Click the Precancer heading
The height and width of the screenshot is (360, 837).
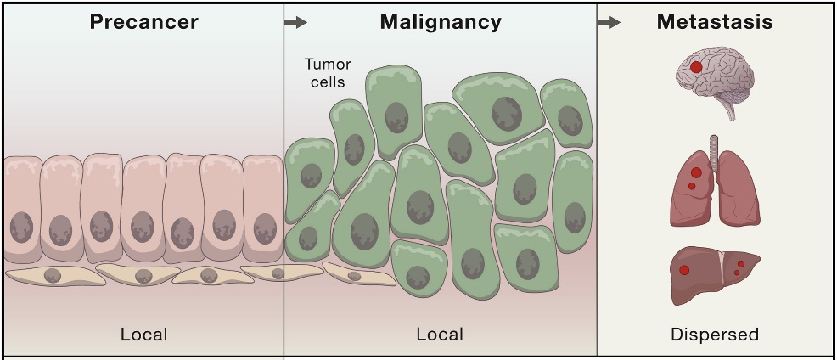tap(143, 22)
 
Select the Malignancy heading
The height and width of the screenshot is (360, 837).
tap(440, 22)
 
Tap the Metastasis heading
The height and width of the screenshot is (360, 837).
tap(715, 22)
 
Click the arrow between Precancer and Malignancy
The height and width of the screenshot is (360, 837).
tap(295, 23)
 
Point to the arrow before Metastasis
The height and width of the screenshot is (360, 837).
tap(609, 23)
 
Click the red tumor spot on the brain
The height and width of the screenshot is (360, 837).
tap(696, 66)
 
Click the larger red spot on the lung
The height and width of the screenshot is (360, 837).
tap(696, 172)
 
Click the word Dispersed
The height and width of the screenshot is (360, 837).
tap(714, 335)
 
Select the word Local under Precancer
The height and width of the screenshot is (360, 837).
tap(143, 335)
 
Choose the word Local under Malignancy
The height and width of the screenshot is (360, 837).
tap(440, 335)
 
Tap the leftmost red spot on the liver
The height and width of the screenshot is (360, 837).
tap(684, 271)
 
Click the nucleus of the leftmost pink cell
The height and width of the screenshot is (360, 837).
tap(21, 227)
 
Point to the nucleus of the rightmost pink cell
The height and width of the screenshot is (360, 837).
tap(265, 228)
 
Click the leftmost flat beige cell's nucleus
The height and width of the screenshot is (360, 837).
tap(53, 274)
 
